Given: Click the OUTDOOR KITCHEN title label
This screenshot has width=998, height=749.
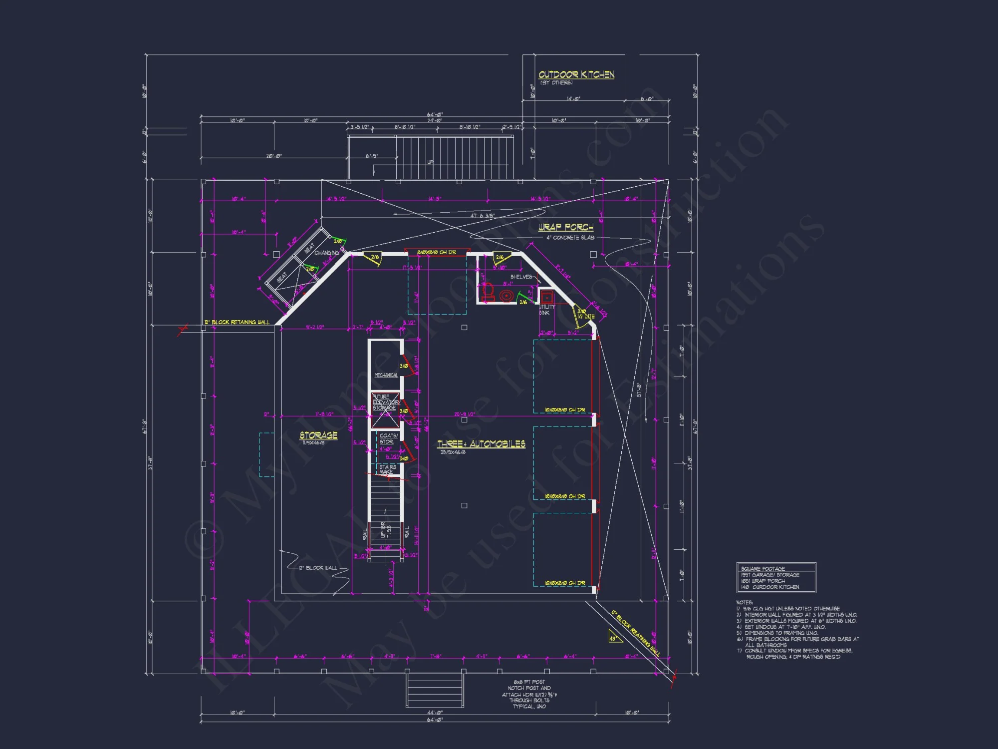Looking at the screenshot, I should (576, 74).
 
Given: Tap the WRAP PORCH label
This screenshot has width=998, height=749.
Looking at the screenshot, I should (565, 227).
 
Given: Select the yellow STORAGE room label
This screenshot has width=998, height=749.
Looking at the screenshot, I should (318, 435).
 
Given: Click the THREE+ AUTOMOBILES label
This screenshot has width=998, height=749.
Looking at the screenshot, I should (481, 444).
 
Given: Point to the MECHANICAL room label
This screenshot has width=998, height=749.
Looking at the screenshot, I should (386, 375).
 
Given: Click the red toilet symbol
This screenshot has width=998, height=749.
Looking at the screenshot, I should (488, 292).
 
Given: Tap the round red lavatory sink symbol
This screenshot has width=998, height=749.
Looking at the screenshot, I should (506, 296).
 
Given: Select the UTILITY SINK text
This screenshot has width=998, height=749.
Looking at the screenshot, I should (546, 310).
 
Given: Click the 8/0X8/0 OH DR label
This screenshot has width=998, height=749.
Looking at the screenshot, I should (436, 253).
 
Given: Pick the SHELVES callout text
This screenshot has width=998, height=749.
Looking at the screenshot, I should (521, 277).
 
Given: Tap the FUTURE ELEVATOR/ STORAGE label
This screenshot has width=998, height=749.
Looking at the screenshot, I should (385, 402).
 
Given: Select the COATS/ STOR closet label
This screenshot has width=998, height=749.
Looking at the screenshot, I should (388, 439).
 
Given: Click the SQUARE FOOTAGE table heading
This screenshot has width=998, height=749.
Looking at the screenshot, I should (762, 569).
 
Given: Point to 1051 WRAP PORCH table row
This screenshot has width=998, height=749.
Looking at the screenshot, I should (762, 581).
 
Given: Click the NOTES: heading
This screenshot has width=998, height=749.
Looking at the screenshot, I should (745, 603).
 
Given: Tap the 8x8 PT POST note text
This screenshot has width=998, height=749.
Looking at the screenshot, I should (529, 682).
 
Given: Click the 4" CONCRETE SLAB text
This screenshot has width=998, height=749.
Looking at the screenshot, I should (570, 238).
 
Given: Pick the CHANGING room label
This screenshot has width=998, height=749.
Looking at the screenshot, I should (326, 253).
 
